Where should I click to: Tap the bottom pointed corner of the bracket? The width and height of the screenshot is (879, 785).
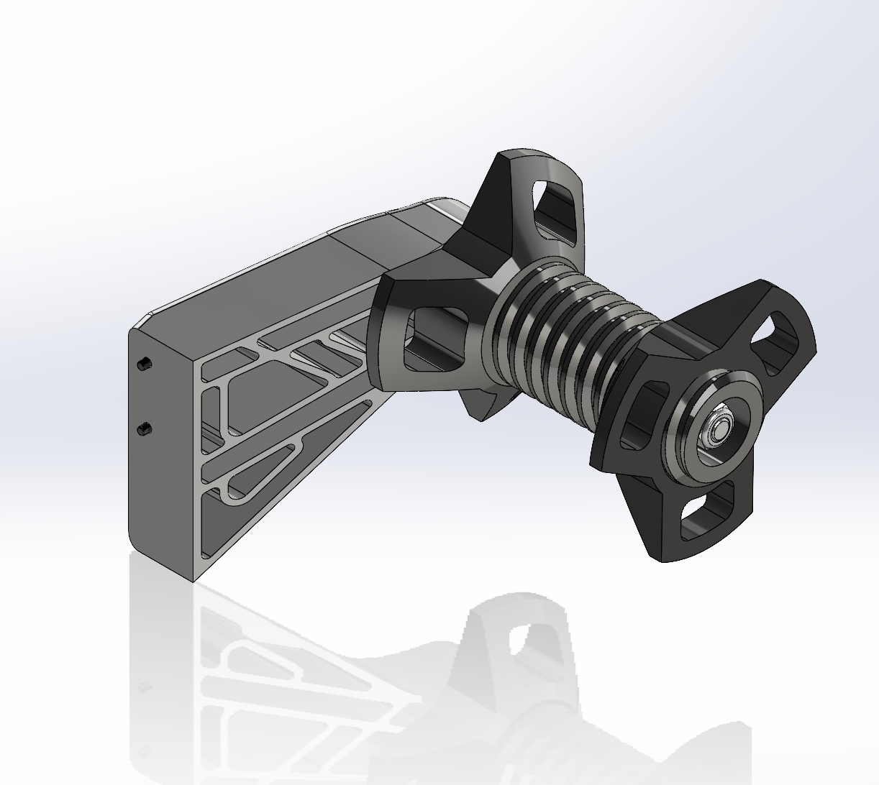pos(196,578)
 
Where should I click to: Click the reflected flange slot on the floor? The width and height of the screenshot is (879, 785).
pos(529,636)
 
